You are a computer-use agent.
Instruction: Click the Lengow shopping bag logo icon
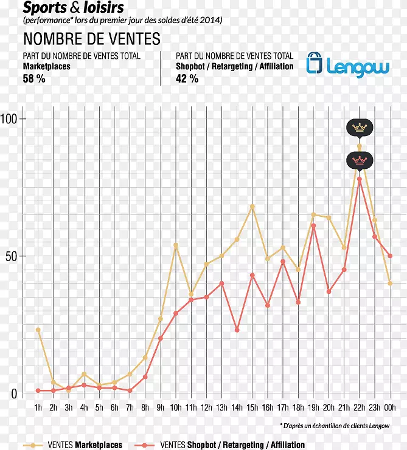(315, 64)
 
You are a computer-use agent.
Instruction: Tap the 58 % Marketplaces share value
(34, 78)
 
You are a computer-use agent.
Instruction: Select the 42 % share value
(187, 78)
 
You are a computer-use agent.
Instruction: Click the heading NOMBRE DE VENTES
(92, 39)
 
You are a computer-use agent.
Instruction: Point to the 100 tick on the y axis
(10, 118)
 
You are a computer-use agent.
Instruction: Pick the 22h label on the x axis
(359, 407)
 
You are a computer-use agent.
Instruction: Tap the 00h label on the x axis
(390, 407)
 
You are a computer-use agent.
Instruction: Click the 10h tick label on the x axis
(176, 407)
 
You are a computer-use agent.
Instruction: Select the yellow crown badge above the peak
(360, 128)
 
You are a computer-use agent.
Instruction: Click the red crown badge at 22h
(360, 160)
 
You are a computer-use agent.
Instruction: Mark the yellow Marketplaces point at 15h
(252, 206)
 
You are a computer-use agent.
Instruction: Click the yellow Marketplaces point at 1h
(38, 330)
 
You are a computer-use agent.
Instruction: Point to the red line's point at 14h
(237, 330)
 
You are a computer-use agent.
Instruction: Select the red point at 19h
(313, 226)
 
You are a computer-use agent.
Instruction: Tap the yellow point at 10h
(176, 245)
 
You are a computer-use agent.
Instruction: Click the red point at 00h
(390, 256)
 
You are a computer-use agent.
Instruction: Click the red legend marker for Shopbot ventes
(145, 445)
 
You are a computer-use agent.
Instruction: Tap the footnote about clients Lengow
(335, 426)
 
